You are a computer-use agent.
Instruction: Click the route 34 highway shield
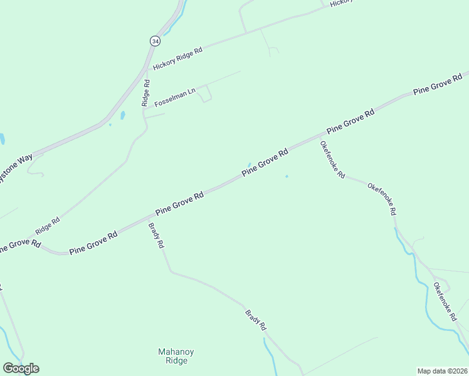click(x=154, y=41)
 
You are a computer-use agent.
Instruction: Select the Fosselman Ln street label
click(x=176, y=97)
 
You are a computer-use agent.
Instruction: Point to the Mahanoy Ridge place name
click(x=172, y=356)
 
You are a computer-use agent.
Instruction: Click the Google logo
click(x=21, y=368)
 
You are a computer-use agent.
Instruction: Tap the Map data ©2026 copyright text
click(x=442, y=371)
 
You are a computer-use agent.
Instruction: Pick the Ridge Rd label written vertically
click(x=145, y=92)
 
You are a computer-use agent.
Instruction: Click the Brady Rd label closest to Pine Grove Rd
click(x=156, y=236)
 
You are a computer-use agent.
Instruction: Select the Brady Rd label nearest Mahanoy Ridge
click(x=256, y=320)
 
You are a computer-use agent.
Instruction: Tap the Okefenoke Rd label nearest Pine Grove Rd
click(x=332, y=160)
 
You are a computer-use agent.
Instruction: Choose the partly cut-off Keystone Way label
click(x=16, y=168)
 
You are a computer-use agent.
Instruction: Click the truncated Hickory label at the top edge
click(x=342, y=3)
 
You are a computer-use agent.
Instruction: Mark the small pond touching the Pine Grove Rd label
click(x=249, y=165)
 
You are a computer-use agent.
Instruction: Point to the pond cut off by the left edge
click(x=2, y=138)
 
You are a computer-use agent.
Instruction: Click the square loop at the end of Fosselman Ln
click(x=205, y=93)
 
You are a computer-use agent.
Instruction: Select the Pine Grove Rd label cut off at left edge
click(x=19, y=246)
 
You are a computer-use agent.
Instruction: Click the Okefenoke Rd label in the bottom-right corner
click(x=445, y=302)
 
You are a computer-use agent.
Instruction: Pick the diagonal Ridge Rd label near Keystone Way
click(x=47, y=226)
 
